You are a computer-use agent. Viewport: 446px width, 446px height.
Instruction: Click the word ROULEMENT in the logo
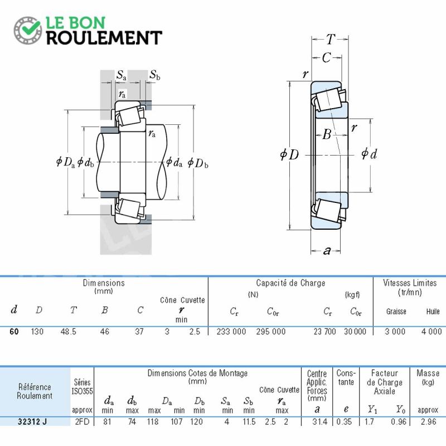click(104, 38)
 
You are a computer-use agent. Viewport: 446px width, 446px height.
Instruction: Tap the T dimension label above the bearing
click(331, 39)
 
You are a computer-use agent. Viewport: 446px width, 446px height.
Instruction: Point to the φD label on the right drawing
click(289, 154)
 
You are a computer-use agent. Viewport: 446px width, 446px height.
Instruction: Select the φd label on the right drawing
click(369, 154)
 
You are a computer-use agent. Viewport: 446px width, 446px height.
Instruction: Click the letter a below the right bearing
click(327, 250)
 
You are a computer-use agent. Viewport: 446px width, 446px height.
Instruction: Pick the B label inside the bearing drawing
click(327, 134)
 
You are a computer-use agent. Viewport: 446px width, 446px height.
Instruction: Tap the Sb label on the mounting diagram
click(155, 75)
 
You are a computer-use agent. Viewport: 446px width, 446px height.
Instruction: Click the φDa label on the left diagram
click(65, 162)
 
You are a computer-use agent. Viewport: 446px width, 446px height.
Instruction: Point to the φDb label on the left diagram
click(198, 163)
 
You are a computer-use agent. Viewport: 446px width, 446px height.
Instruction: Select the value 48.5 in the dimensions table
click(68, 332)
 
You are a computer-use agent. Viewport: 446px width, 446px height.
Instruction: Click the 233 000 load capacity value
click(231, 332)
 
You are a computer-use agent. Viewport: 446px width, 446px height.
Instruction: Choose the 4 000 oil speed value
click(432, 332)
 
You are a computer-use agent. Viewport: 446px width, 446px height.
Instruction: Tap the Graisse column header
click(396, 312)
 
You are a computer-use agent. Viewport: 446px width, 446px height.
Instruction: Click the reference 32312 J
click(32, 421)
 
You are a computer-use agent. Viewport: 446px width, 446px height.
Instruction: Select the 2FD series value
click(82, 421)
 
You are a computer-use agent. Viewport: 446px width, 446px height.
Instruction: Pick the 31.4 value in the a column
click(319, 421)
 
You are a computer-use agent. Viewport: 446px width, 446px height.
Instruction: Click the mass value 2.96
click(428, 421)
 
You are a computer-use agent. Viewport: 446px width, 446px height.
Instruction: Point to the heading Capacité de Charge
click(290, 283)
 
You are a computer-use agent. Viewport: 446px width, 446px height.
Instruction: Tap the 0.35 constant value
click(344, 421)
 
